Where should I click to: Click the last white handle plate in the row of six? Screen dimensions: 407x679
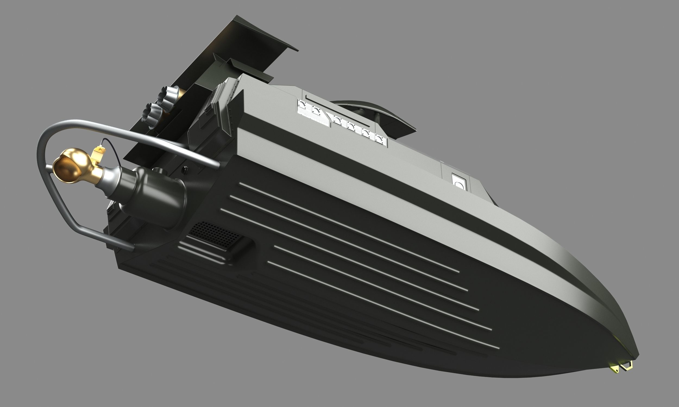(x=380, y=138)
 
